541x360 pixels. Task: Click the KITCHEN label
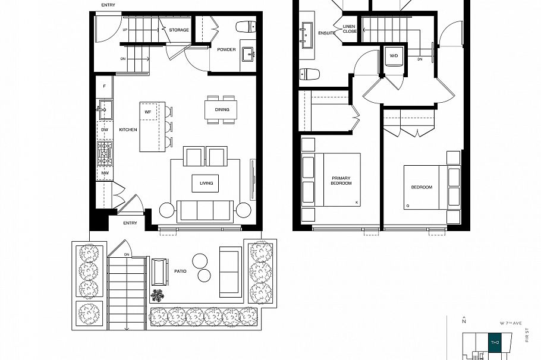pos(128,130)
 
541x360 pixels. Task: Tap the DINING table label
pos(221,109)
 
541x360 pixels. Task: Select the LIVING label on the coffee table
pos(206,183)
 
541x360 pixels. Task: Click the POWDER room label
pos(226,49)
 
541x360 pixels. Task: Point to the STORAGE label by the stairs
pos(179,30)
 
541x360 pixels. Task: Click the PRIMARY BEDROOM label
pos(341,181)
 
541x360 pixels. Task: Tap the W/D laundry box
pos(394,55)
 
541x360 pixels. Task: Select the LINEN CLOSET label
pos(350,29)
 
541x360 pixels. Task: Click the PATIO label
pos(181,270)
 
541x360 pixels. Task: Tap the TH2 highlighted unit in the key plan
pos(494,342)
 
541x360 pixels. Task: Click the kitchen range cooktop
pos(105,154)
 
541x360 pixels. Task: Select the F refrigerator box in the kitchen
pos(104,86)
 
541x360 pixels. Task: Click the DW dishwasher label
pos(104,130)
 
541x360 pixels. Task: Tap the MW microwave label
pos(104,173)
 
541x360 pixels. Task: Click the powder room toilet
pos(246,27)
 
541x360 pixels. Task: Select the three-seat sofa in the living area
pos(206,210)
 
